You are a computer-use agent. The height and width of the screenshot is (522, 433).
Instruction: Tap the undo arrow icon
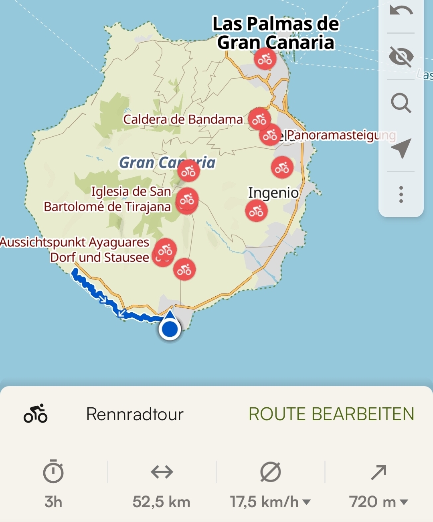pyautogui.click(x=401, y=11)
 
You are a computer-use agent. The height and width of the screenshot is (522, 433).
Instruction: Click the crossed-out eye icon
pyautogui.click(x=401, y=56)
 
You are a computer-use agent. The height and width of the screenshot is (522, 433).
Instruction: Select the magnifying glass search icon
pyautogui.click(x=401, y=103)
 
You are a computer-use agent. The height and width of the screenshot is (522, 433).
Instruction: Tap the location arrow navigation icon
pyautogui.click(x=401, y=148)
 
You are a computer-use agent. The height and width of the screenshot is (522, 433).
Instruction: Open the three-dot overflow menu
pyautogui.click(x=401, y=194)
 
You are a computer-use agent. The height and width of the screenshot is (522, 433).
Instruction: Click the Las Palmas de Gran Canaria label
pyautogui.click(x=276, y=33)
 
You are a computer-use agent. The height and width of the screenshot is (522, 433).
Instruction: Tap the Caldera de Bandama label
pyautogui.click(x=183, y=119)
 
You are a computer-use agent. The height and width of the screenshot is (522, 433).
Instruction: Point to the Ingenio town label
pyautogui.click(x=273, y=193)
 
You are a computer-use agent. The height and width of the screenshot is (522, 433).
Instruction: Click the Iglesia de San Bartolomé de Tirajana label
pyautogui.click(x=107, y=199)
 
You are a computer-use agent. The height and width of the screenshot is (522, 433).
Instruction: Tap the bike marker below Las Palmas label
pyautogui.click(x=265, y=59)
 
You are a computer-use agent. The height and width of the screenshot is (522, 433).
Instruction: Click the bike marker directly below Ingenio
pyautogui.click(x=257, y=211)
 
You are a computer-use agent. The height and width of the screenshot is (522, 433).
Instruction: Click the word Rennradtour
pyautogui.click(x=135, y=414)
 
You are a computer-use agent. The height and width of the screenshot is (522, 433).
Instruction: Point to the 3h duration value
pyautogui.click(x=53, y=502)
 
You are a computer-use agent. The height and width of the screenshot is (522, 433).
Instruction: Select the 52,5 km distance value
pyautogui.click(x=162, y=502)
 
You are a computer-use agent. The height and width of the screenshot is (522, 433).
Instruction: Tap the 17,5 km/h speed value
pyautogui.click(x=265, y=502)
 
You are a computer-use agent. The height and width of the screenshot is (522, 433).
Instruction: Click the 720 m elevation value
pyautogui.click(x=373, y=502)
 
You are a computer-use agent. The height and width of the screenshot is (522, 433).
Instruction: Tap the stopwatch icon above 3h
pyautogui.click(x=53, y=472)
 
